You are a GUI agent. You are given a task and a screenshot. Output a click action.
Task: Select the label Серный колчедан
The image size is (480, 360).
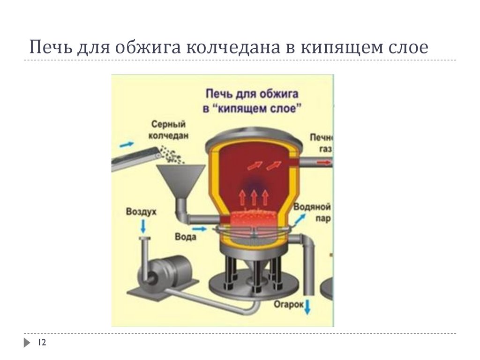tap(169, 130)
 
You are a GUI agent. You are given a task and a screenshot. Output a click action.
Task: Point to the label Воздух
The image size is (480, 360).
tap(141, 212)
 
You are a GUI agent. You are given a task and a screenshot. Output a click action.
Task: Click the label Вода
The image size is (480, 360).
tap(185, 237)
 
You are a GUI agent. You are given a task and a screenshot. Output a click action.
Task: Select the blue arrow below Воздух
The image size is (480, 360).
tap(142, 227)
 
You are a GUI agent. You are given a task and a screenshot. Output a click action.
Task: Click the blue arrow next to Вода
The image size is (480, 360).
tap(200, 229)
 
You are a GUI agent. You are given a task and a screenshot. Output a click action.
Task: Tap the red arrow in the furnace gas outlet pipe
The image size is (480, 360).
tap(322, 163)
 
